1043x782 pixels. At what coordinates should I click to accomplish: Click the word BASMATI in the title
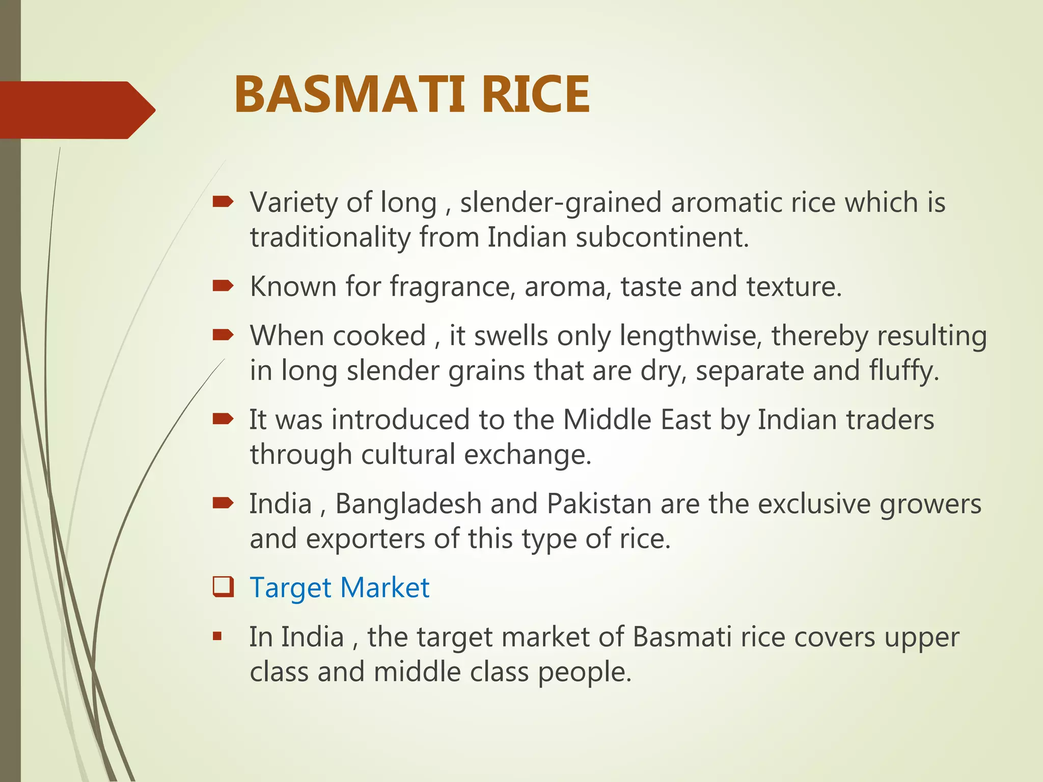(x=349, y=95)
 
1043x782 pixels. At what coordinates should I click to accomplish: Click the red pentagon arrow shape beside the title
(x=76, y=110)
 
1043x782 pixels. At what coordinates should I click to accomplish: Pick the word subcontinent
(x=663, y=237)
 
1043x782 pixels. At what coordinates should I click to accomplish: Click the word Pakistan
(x=599, y=504)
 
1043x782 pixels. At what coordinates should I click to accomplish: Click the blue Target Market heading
(x=340, y=588)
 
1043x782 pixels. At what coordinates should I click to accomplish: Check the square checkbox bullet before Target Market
(x=223, y=587)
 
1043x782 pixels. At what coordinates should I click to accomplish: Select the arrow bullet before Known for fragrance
(x=223, y=286)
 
